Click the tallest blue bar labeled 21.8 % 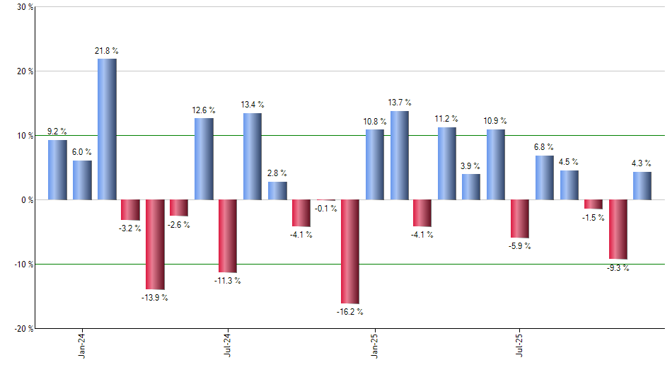(107, 129)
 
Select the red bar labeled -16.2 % (350, 252)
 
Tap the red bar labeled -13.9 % (155, 244)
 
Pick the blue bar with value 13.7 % (399, 156)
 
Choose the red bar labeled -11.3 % (228, 236)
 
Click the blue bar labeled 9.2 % (58, 170)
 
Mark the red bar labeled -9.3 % (618, 229)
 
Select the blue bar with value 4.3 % (642, 185)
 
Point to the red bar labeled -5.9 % (520, 219)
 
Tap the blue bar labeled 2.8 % (277, 190)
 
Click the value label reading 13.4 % (253, 105)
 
